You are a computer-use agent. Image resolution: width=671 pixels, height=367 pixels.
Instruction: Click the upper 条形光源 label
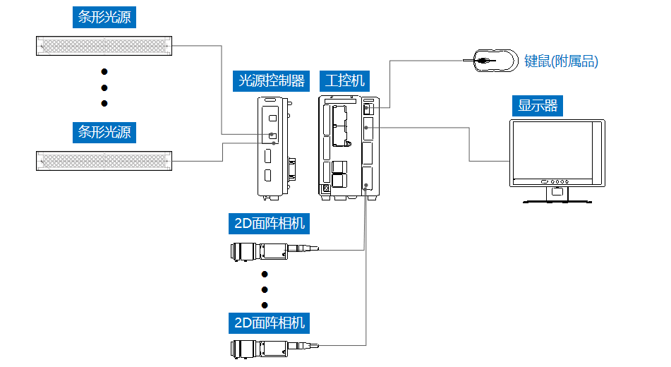(x=104, y=17)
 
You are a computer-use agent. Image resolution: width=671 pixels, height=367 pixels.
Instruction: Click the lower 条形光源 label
(x=104, y=131)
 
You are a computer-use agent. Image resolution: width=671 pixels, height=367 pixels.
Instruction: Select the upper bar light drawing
(x=104, y=46)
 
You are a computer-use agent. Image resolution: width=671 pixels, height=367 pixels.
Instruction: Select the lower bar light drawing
(x=104, y=160)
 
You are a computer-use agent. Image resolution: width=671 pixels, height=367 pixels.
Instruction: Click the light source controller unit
(x=272, y=147)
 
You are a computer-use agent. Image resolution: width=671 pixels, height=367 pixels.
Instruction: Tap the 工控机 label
(x=342, y=80)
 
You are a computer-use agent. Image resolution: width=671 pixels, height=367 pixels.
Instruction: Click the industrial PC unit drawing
(x=349, y=146)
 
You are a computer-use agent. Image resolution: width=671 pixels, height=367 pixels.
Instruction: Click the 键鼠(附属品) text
(x=561, y=61)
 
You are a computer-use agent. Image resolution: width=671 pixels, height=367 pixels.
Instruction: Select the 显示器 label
(x=538, y=106)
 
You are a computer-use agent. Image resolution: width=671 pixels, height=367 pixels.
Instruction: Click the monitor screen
(x=557, y=149)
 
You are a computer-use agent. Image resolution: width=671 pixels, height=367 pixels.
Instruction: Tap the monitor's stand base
(x=557, y=200)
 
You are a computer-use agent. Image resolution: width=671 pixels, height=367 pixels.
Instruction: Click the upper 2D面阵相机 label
(x=270, y=224)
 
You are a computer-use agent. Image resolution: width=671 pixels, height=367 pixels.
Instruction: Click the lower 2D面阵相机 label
(x=270, y=323)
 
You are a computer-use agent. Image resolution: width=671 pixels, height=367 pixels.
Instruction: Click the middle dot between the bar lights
(x=104, y=88)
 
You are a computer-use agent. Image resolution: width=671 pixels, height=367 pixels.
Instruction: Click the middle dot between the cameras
(x=265, y=289)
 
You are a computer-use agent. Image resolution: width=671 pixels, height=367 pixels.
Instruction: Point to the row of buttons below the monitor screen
(x=557, y=181)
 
